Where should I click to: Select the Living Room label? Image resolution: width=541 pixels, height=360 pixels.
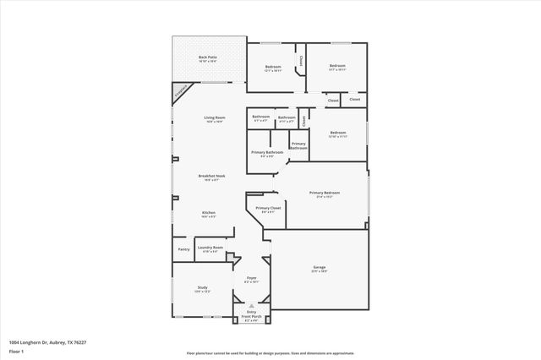click(214, 117)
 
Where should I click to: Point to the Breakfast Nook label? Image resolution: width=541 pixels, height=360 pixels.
click(211, 176)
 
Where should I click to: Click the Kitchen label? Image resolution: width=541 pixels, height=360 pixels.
click(209, 212)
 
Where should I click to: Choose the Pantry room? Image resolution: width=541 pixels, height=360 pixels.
click(183, 249)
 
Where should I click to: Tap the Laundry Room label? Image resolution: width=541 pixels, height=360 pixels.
click(211, 248)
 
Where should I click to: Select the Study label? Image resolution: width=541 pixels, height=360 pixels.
click(203, 287)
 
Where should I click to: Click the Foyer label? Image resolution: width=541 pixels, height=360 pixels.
click(251, 277)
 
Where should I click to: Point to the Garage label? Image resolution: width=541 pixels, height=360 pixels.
click(320, 268)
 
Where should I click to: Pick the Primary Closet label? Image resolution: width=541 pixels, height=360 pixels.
click(268, 207)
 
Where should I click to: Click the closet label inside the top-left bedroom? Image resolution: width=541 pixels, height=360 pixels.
click(301, 60)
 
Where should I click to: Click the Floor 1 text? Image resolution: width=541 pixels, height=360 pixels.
click(16, 350)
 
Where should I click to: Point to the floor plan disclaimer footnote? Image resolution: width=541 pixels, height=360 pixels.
click(270, 352)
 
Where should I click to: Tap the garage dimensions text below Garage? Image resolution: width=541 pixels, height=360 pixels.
click(320, 272)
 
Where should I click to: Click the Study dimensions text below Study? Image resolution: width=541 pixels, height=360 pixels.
click(203, 292)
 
